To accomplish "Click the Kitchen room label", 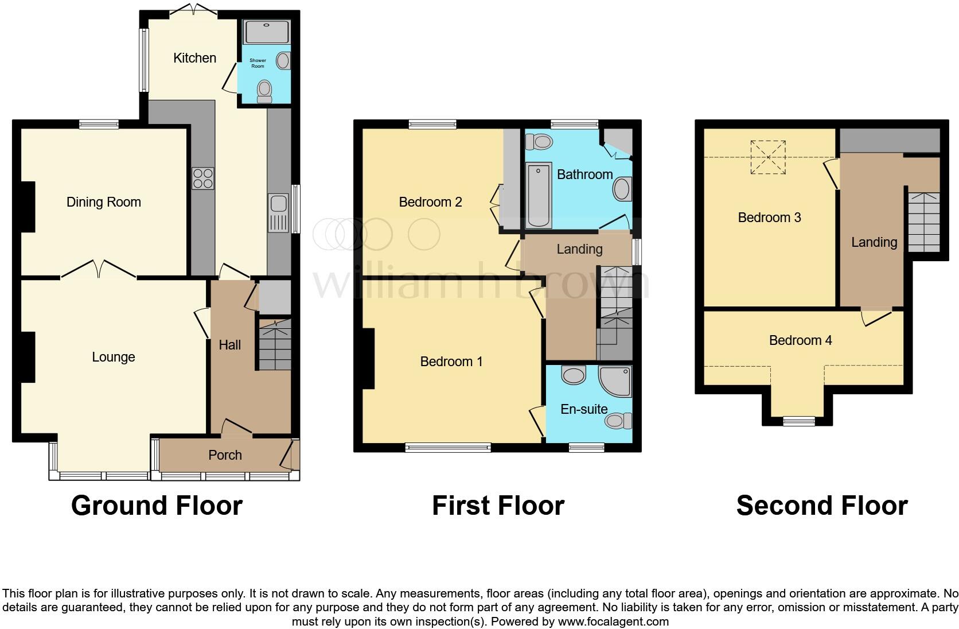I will [194, 58].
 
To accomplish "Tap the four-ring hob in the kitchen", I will [202, 178].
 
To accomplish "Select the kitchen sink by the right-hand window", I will [278, 213].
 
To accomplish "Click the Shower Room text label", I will [258, 63].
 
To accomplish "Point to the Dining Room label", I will [104, 202].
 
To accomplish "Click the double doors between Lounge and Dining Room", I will [99, 270].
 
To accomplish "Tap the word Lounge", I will [114, 357].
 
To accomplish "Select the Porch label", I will [225, 455].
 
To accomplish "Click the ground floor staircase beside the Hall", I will [275, 344].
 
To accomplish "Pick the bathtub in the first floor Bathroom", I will [539, 195].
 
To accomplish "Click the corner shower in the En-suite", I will [615, 381].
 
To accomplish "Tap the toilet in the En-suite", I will [617, 421].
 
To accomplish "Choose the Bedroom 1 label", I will [451, 362].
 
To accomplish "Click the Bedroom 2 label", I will [430, 202].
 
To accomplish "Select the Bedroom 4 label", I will [800, 340].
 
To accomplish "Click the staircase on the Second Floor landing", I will [923, 222].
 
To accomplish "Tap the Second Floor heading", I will [821, 506].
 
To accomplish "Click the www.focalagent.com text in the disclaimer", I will [613, 622].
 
